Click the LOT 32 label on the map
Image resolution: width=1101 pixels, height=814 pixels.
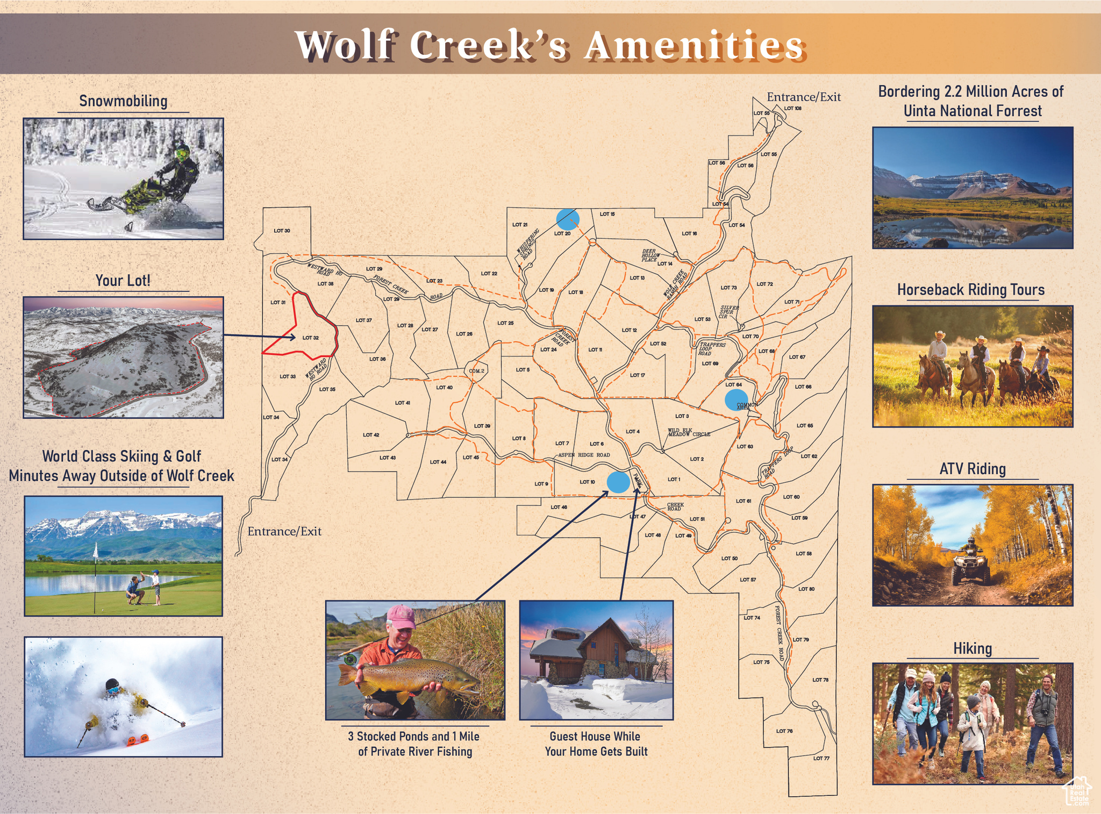click(x=311, y=338)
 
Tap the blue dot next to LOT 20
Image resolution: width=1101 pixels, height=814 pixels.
click(x=568, y=219)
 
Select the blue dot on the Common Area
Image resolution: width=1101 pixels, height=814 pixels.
click(x=736, y=401)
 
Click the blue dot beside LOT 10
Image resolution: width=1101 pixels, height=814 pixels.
click(x=618, y=482)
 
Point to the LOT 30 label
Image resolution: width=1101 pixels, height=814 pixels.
click(x=282, y=231)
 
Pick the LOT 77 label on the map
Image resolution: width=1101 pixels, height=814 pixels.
click(x=821, y=759)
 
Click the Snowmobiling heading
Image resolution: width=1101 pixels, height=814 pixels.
click(x=123, y=101)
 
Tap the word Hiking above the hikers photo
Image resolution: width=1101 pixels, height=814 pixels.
click(x=972, y=648)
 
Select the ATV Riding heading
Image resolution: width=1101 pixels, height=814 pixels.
click(x=972, y=469)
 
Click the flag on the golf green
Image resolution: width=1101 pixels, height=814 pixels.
click(x=96, y=551)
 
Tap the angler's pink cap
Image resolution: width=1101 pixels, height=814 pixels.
click(x=401, y=617)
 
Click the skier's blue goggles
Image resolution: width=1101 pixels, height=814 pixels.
click(x=113, y=690)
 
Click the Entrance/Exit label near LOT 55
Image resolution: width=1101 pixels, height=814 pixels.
click(x=803, y=97)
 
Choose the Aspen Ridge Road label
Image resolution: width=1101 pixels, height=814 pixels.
click(x=584, y=455)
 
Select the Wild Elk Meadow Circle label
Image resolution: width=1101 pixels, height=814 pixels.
click(x=689, y=433)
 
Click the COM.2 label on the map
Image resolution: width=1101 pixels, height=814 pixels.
click(x=476, y=371)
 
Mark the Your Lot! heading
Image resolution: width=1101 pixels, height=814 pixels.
click(x=123, y=281)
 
